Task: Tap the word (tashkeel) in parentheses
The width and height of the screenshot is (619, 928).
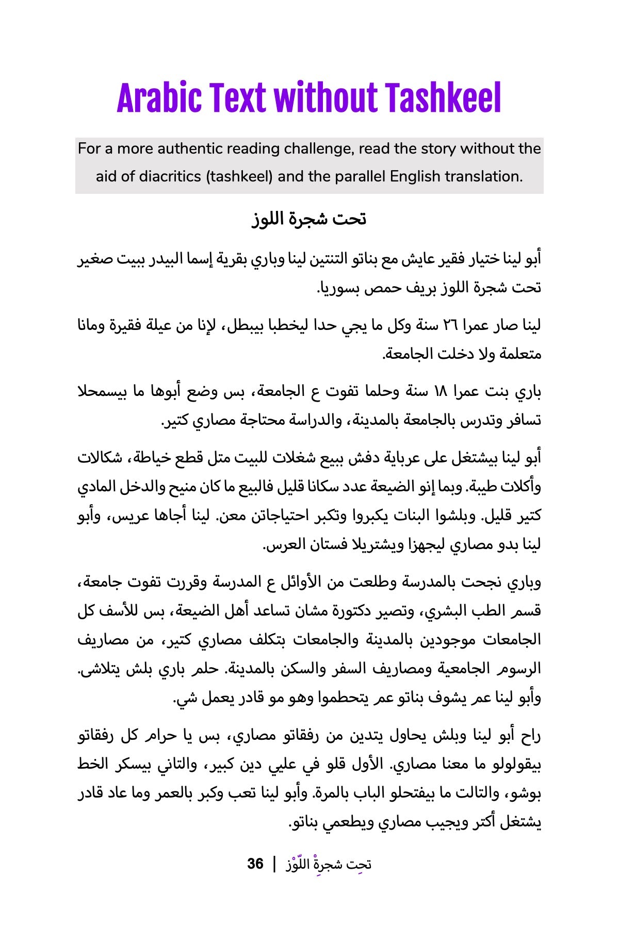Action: click(x=239, y=177)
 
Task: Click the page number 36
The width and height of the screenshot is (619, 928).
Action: click(x=255, y=864)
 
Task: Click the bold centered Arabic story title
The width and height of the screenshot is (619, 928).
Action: click(x=309, y=219)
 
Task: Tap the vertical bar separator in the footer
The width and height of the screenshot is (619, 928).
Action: click(x=274, y=864)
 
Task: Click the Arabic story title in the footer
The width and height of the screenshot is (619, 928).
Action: click(x=329, y=864)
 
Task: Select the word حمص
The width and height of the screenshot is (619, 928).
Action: click(x=383, y=288)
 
